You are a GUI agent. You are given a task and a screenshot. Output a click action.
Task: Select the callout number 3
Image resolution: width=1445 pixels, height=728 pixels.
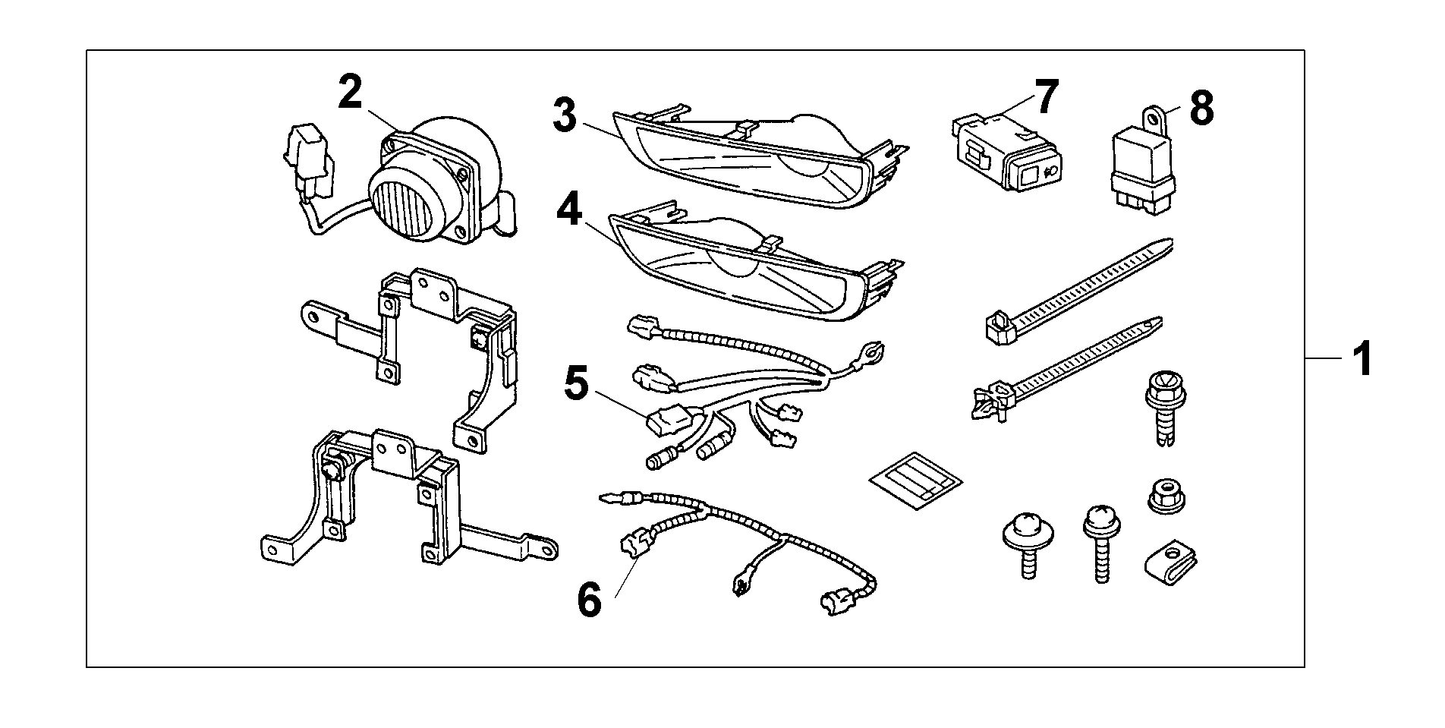(x=565, y=115)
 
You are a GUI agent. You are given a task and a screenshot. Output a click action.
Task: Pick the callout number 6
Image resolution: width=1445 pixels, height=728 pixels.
(x=589, y=600)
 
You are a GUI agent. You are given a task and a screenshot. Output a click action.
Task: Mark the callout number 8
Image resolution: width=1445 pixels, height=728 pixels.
(x=1201, y=109)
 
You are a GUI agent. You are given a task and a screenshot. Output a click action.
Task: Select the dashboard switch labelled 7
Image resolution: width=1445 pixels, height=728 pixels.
(x=1003, y=153)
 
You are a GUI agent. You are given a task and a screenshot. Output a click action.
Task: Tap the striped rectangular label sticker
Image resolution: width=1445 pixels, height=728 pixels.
(x=915, y=481)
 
